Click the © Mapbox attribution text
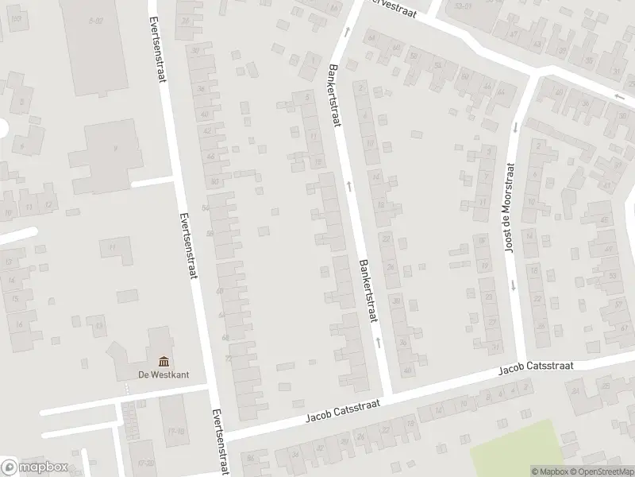[550, 471]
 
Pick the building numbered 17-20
[144, 461]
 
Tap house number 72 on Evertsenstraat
[228, 360]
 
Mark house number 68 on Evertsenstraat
[225, 337]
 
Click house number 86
[252, 459]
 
